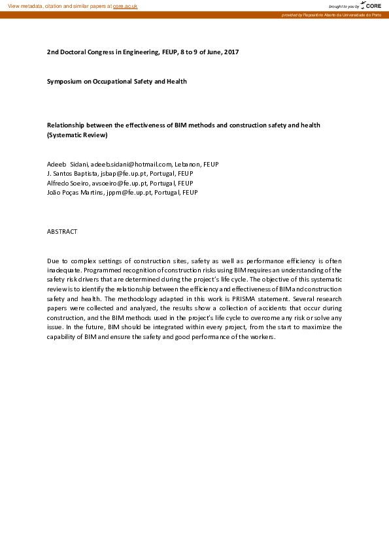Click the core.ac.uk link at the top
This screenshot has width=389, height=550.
(x=126, y=6)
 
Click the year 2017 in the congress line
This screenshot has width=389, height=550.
(x=231, y=51)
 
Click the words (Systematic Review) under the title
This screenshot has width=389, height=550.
(x=76, y=135)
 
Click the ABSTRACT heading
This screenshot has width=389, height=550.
(x=62, y=232)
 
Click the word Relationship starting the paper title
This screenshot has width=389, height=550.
(x=66, y=125)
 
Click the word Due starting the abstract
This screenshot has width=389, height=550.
(x=53, y=261)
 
